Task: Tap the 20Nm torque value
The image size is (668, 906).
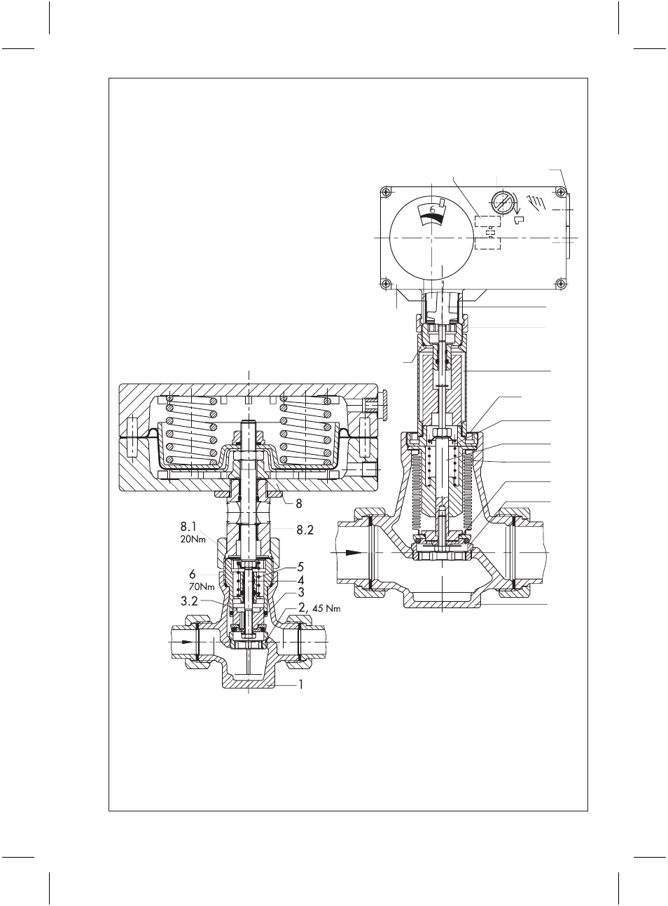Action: (x=193, y=540)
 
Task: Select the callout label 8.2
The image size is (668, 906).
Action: (x=305, y=530)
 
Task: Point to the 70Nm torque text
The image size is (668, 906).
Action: (x=202, y=587)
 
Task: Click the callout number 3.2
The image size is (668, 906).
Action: (x=189, y=601)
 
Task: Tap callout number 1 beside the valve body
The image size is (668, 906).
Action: (x=301, y=684)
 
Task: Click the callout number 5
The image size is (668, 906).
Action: (x=300, y=567)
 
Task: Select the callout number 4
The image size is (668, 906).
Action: (x=300, y=579)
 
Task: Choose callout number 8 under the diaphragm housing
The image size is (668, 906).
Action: (x=298, y=504)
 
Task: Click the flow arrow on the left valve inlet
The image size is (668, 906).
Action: (x=186, y=642)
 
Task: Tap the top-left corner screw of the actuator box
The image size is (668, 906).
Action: (x=385, y=191)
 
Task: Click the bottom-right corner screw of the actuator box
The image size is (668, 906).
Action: (x=561, y=283)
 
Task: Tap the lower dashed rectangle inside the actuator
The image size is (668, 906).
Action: (x=487, y=245)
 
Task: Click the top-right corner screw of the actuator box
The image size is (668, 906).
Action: (x=561, y=191)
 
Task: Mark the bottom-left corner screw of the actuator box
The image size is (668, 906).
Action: (x=385, y=283)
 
